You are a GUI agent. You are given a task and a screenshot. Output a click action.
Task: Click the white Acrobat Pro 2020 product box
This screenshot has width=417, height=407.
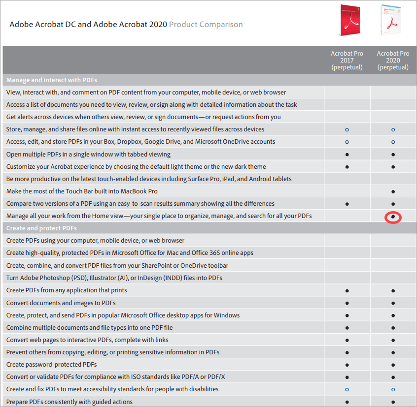(391, 20)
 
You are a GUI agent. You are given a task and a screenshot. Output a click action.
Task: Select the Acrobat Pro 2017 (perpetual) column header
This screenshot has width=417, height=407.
(347, 60)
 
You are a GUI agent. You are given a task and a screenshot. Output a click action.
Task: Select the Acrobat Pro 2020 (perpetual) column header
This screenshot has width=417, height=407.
(393, 60)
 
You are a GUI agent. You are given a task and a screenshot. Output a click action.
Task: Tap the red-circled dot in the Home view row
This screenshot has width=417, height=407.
(393, 216)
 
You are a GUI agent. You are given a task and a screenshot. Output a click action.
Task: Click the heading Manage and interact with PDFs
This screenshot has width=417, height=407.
(52, 80)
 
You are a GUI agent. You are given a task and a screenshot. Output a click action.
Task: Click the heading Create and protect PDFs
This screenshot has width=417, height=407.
(41, 228)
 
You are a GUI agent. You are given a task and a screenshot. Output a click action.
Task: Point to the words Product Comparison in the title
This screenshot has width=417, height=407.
(206, 24)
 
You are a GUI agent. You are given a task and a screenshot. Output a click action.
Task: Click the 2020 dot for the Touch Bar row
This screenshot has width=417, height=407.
(393, 191)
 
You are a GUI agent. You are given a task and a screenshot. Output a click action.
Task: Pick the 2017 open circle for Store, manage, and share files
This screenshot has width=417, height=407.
(347, 129)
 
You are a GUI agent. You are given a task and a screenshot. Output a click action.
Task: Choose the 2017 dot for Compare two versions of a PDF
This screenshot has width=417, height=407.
(347, 204)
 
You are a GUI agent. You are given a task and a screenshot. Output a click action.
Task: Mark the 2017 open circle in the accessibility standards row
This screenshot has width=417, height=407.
(347, 390)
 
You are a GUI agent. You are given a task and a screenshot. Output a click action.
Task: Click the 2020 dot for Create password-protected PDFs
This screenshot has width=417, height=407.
(393, 365)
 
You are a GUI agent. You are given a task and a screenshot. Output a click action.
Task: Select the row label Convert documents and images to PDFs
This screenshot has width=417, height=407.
(61, 303)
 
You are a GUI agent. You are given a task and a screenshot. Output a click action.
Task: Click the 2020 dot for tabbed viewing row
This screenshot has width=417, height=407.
(393, 154)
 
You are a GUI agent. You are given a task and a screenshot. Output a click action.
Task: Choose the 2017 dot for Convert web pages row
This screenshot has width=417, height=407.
(347, 340)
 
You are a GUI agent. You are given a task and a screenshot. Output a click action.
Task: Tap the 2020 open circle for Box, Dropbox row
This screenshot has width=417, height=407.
(393, 142)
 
